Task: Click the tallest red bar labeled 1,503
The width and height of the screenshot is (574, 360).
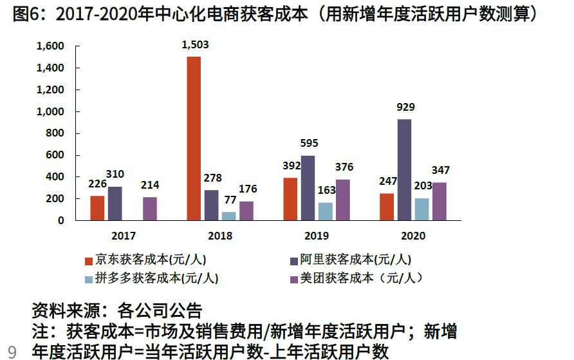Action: [194, 138]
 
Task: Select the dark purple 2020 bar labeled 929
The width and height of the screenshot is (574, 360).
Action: [404, 170]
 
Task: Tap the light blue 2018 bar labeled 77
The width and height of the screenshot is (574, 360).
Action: [228, 216]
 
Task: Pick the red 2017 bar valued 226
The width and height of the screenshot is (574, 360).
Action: [97, 208]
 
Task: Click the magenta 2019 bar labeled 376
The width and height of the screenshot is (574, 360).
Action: [342, 200]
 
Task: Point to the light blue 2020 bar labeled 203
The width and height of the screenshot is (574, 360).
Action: [421, 209]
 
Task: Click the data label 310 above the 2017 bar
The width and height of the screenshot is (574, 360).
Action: [115, 174]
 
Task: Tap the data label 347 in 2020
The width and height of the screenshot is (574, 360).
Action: [441, 170]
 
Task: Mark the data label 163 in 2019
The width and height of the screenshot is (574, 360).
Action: [326, 190]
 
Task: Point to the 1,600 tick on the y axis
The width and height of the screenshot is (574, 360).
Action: [51, 46]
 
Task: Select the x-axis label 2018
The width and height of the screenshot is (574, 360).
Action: [220, 236]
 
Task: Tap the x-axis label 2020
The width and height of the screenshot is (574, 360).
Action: [413, 236]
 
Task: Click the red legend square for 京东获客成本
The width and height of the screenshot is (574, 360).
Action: [89, 261]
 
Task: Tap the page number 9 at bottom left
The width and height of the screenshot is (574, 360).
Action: [12, 352]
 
